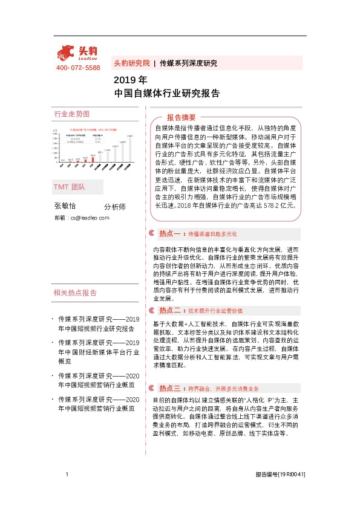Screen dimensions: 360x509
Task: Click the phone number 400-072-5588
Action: click(78, 67)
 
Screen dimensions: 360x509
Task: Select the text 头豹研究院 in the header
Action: click(131, 63)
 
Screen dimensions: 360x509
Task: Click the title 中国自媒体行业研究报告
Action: click(166, 93)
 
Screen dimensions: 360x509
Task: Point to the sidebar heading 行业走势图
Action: click(71, 114)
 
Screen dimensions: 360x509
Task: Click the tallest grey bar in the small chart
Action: click(129, 149)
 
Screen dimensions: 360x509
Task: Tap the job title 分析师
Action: click(114, 207)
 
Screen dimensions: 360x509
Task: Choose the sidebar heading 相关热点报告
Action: click(76, 259)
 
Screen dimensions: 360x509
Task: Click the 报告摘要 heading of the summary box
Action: click(181, 118)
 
